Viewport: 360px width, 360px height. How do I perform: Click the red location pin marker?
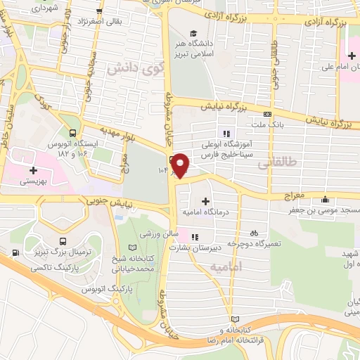(181, 165)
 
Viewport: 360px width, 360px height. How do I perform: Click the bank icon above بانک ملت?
(267, 114)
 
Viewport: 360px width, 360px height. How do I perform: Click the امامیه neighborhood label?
(226, 267)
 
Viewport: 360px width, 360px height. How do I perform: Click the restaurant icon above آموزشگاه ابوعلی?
(226, 133)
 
